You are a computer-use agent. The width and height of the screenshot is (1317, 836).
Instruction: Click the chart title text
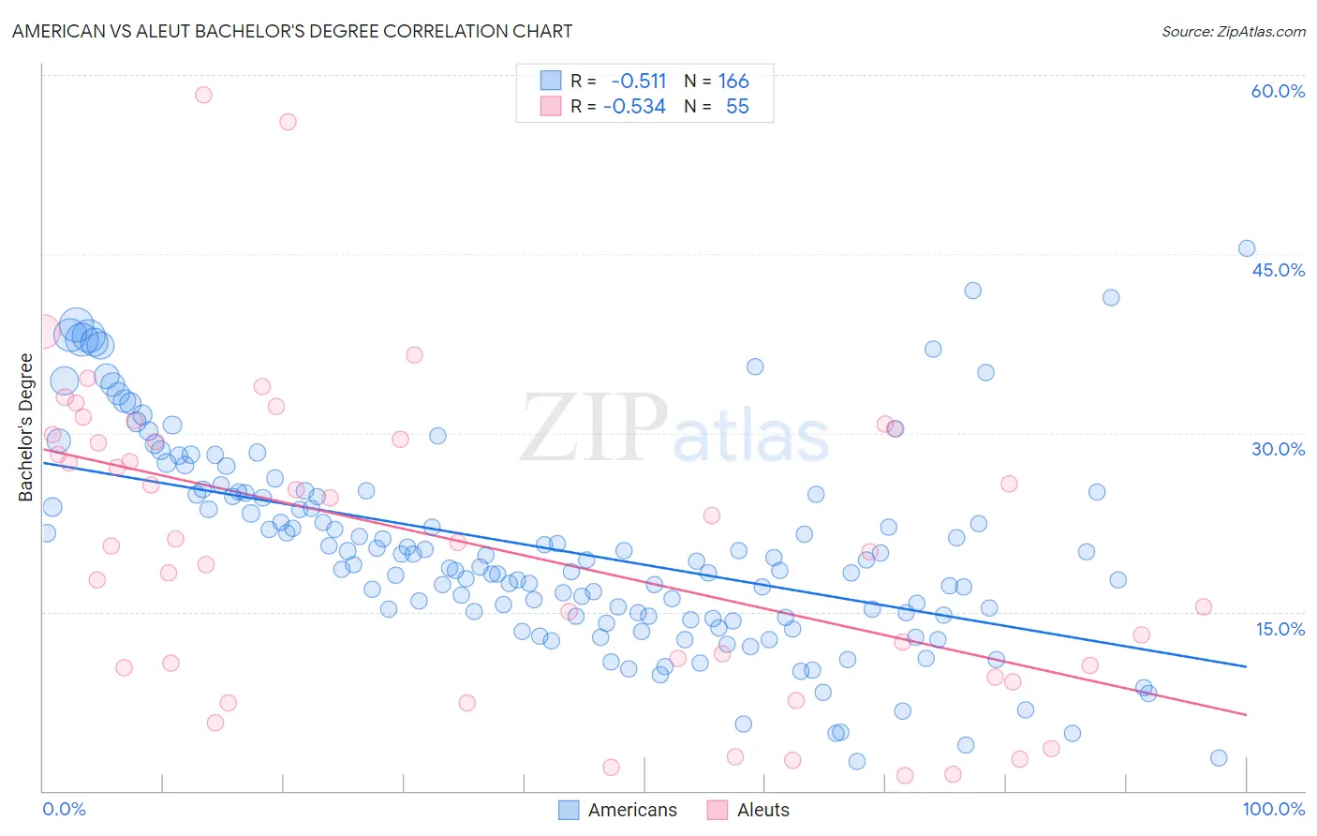point(292,31)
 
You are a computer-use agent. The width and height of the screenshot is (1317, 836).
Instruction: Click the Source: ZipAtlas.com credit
point(1233,32)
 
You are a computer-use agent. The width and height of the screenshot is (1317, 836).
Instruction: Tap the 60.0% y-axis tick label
point(1278,91)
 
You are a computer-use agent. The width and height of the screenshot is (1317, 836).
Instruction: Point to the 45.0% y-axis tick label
point(1278,270)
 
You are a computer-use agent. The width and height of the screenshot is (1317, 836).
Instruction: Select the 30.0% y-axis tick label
point(1278,449)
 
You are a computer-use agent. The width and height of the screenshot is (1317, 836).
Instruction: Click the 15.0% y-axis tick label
point(1280,628)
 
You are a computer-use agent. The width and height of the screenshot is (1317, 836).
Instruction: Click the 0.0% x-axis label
point(64,809)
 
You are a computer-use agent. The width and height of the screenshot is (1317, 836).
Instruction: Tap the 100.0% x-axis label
point(1273,809)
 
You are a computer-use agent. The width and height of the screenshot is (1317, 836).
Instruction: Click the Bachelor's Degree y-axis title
point(26,426)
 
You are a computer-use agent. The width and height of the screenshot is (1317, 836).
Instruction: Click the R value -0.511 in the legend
point(638,82)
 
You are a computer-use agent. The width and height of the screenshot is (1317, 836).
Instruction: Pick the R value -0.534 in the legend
point(634,107)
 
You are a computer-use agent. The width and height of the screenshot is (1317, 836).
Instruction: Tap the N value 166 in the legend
point(733,82)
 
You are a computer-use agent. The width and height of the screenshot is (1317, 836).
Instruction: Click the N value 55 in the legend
point(737,107)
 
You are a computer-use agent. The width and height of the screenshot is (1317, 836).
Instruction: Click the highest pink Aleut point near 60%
point(203,95)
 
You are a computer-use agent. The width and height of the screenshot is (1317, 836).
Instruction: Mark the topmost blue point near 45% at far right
point(1247,248)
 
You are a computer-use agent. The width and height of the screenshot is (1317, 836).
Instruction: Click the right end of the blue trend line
point(1246,666)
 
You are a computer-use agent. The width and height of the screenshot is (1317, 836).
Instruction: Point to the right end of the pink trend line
point(1246,714)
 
